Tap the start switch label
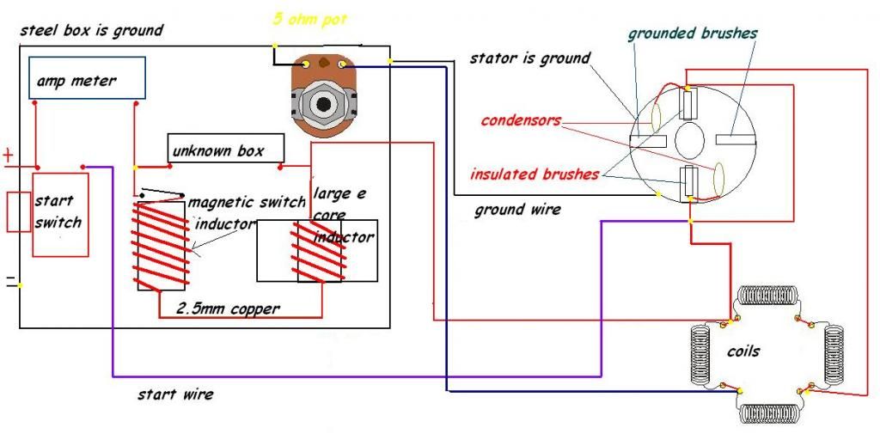point(58,211)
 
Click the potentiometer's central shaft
point(323,104)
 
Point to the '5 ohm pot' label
point(309,19)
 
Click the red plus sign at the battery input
point(9,155)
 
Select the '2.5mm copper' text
point(228,309)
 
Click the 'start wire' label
point(175,394)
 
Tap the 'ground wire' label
point(516,211)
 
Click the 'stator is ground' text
point(529,58)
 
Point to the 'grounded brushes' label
point(692,34)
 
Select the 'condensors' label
point(521,120)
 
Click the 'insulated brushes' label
point(535,174)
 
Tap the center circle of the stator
point(689,140)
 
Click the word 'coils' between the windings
point(743,351)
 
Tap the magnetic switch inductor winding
point(161,245)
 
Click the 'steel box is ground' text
point(91,30)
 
